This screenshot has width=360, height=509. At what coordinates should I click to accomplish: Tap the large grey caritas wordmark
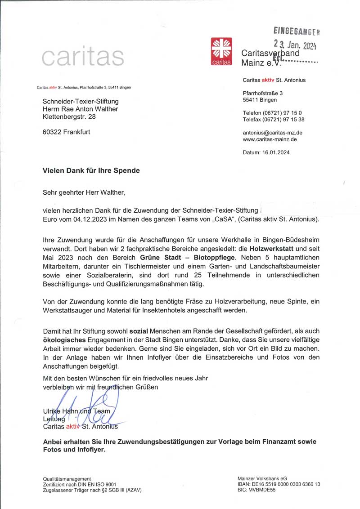[83, 57]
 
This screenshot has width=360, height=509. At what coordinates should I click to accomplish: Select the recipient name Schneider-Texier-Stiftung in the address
[81, 102]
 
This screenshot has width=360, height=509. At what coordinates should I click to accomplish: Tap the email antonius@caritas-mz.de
[272, 133]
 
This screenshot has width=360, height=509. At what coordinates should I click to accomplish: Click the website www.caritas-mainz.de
[270, 139]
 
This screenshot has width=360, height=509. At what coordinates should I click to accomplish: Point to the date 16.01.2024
[276, 152]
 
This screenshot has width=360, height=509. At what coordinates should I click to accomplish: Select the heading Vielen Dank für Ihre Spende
[91, 170]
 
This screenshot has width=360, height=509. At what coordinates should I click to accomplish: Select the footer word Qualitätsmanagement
[67, 478]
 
